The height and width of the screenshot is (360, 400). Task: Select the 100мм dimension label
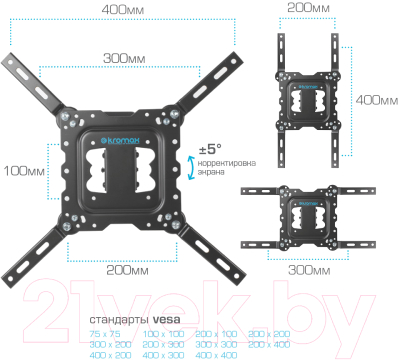click(23, 170)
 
